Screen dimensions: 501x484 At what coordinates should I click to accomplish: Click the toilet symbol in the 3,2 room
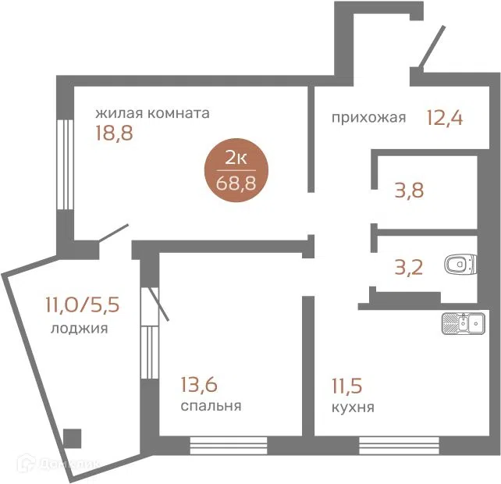460,265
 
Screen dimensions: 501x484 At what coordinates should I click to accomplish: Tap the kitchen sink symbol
464,323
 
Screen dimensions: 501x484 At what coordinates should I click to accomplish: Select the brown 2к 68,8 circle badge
236,170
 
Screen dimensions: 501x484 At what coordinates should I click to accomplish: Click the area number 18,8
114,133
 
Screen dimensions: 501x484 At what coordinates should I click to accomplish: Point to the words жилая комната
152,113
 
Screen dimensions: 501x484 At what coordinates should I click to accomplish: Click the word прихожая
368,118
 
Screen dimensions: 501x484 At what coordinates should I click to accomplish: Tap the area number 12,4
445,118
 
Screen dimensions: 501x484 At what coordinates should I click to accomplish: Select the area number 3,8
409,190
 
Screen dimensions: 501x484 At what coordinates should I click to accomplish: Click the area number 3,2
409,268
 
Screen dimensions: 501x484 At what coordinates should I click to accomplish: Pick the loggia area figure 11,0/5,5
83,304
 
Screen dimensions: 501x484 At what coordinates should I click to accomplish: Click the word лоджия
80,329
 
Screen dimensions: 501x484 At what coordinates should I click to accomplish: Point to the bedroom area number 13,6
199,384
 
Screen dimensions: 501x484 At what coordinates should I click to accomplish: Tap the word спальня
211,406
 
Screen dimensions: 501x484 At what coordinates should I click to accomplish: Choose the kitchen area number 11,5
347,386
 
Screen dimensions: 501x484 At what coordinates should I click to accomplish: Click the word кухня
353,407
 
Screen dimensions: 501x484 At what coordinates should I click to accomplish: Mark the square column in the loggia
72,438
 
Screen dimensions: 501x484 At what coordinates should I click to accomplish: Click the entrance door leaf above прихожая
432,47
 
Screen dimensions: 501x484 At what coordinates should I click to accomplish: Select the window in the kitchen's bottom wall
399,445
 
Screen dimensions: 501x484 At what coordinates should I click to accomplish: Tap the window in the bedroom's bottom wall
229,445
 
